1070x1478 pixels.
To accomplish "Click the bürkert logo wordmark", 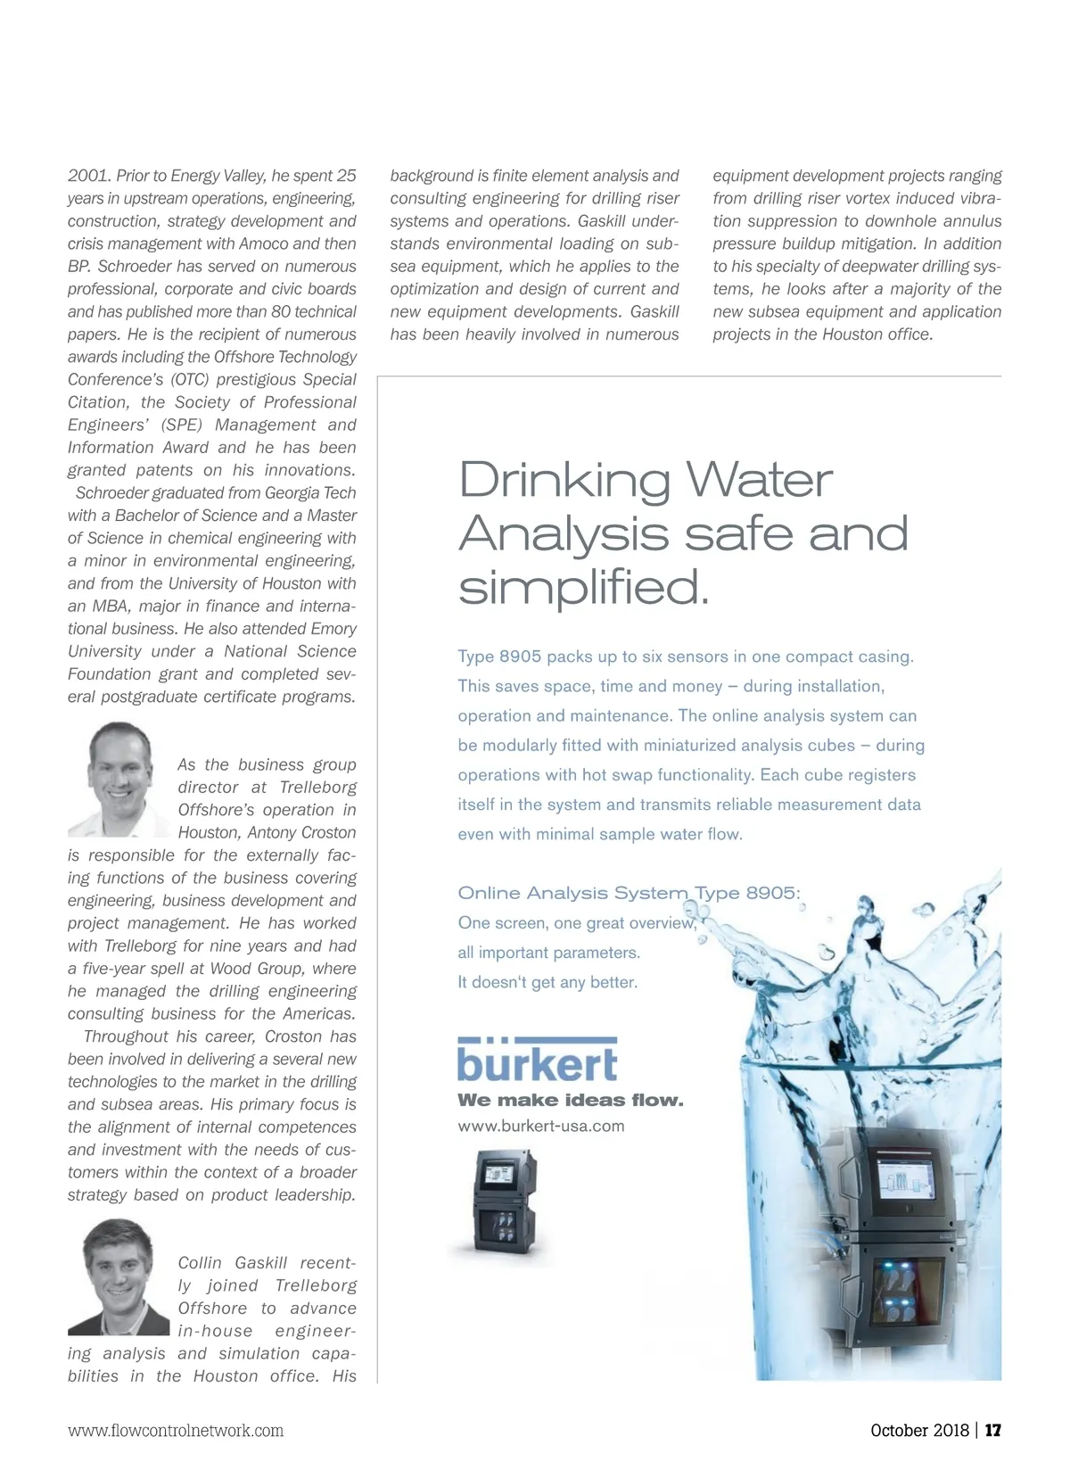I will pos(537,1061).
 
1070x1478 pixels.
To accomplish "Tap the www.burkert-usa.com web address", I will pos(540,1126).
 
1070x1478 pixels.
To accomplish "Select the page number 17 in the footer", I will pos(993,1430).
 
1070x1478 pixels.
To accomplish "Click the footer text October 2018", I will pos(918,1430).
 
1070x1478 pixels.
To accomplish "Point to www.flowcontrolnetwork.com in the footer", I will pos(176,1431).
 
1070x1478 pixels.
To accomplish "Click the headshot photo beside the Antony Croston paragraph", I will pos(119,779).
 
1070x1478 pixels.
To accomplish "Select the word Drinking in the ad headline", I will pos(564,480).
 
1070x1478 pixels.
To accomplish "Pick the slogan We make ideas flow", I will pos(570,1100).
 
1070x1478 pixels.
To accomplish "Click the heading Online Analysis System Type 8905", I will pos(629,893).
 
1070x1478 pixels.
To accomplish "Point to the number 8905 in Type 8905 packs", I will pos(520,657).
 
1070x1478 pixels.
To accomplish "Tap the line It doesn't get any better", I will pos(547,982).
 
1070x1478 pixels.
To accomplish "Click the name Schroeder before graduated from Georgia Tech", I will pos(111,492).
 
